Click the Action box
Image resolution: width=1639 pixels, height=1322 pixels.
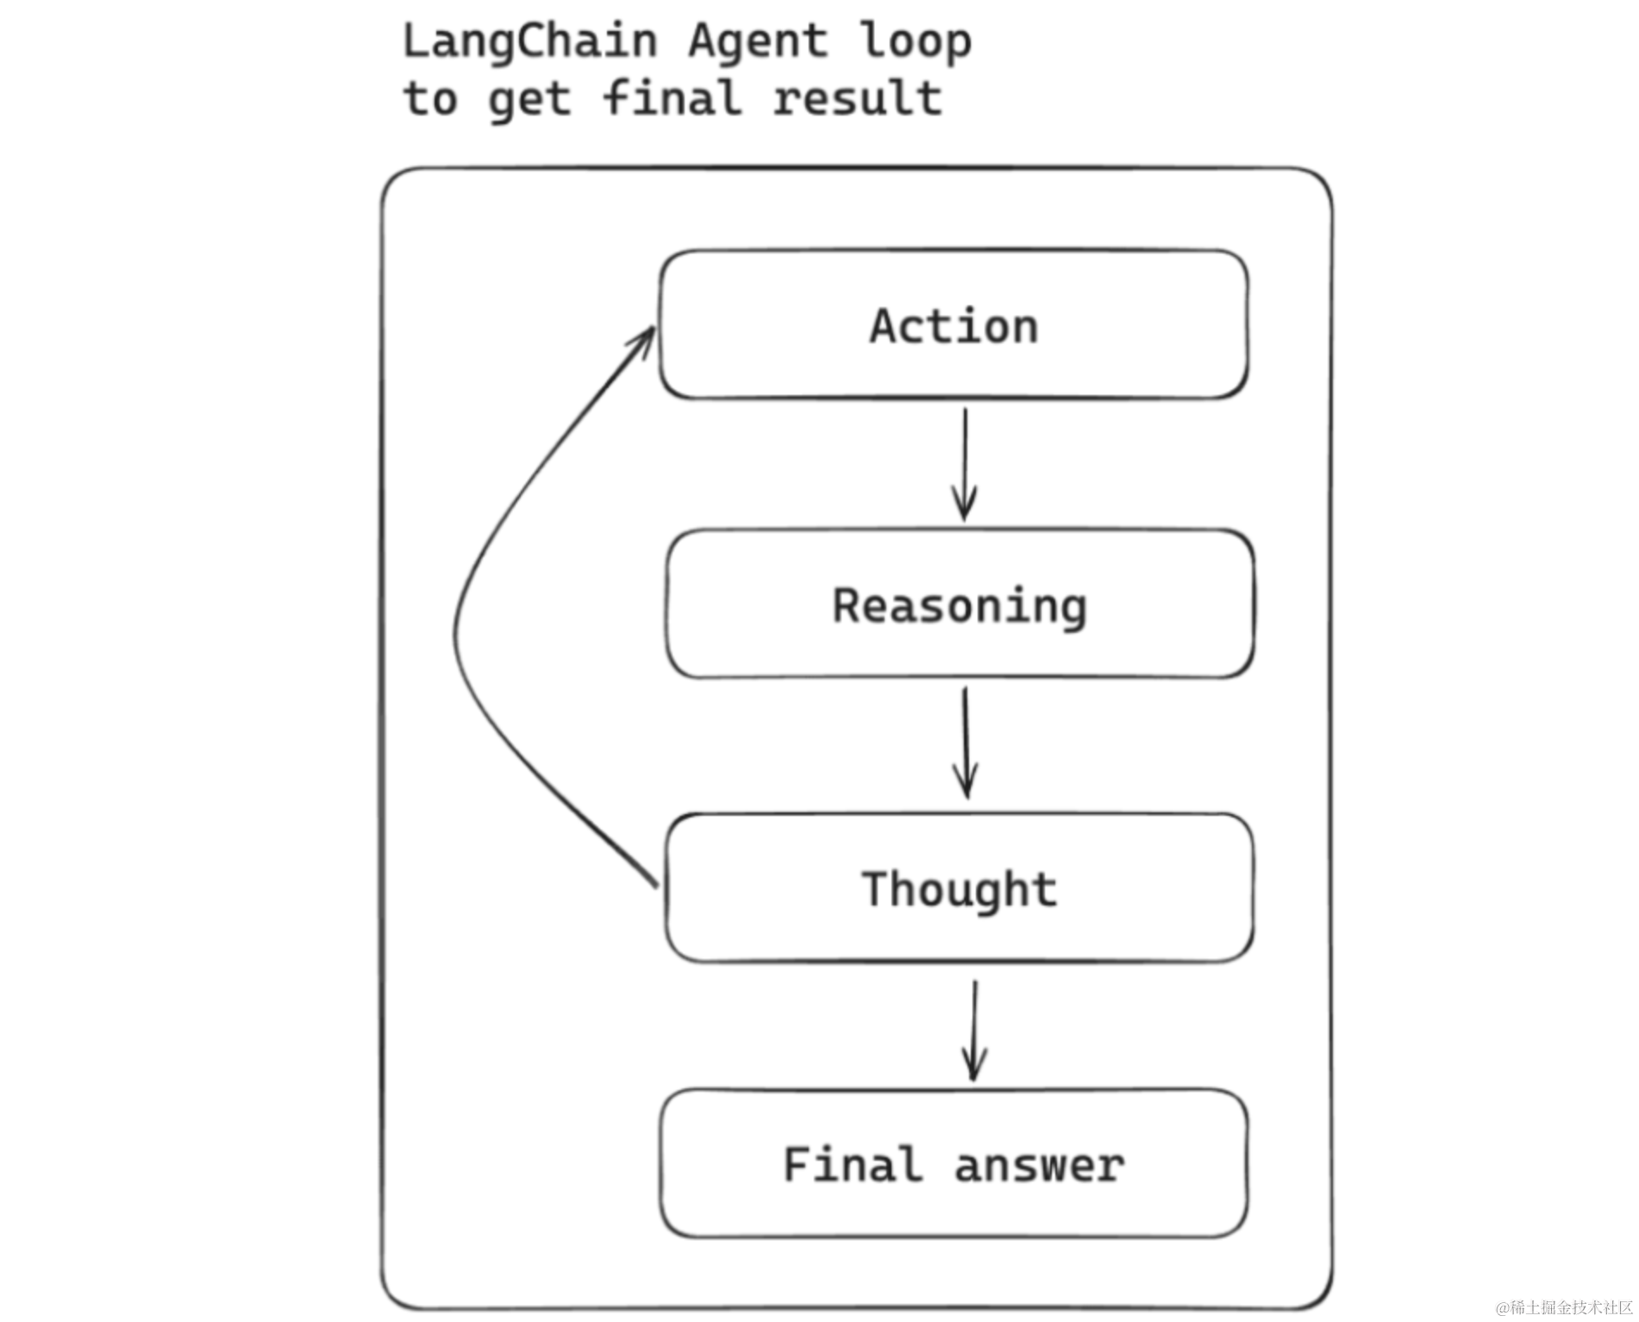954,325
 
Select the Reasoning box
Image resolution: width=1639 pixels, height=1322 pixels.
959,605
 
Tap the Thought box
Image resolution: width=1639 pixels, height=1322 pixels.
959,888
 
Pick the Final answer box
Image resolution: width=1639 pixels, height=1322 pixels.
954,1164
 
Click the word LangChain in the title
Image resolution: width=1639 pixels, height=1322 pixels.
529,41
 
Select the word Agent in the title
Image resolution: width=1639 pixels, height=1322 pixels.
757,41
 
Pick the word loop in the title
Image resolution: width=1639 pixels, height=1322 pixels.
915,41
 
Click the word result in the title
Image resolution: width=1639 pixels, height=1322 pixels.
857,97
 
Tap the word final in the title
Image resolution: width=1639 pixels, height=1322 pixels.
672,97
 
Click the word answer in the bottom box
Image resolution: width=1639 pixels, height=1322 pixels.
1038,1166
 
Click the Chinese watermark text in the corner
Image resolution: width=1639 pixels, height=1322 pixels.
1564,1307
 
